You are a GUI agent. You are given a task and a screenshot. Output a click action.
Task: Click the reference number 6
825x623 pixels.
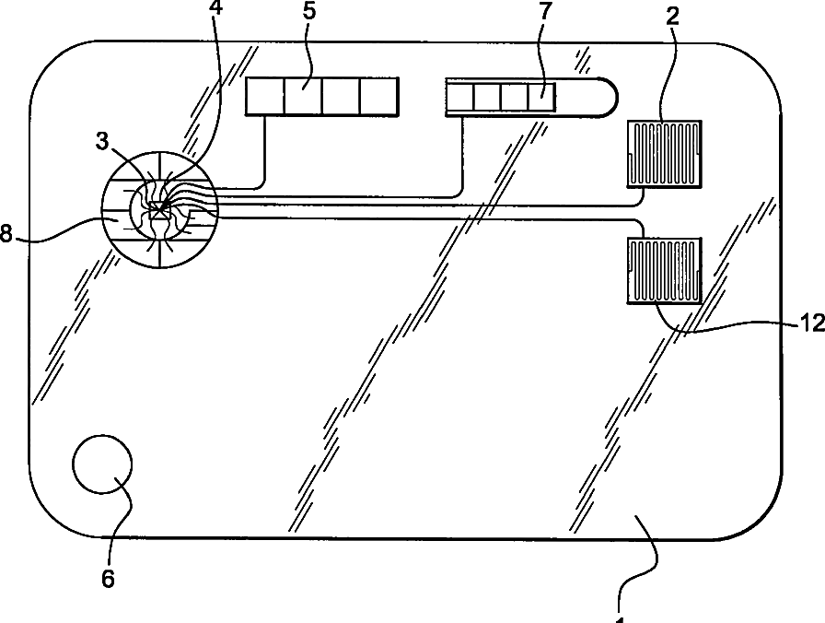108,578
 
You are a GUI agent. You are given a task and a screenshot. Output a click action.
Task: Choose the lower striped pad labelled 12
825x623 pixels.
664,269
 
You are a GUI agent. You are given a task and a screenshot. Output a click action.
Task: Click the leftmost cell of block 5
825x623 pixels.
265,96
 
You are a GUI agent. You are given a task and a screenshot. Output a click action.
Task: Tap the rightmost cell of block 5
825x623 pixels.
380,96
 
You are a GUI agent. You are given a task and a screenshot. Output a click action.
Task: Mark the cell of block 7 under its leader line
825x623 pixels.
541,96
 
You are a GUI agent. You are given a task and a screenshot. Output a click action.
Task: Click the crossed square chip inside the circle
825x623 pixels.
160,211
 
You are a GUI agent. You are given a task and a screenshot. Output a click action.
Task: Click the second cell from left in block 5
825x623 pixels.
303,96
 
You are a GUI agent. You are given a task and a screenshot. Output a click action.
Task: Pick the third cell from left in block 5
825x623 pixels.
342,96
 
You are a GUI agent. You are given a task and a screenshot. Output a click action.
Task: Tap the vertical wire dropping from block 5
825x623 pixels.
266,147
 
